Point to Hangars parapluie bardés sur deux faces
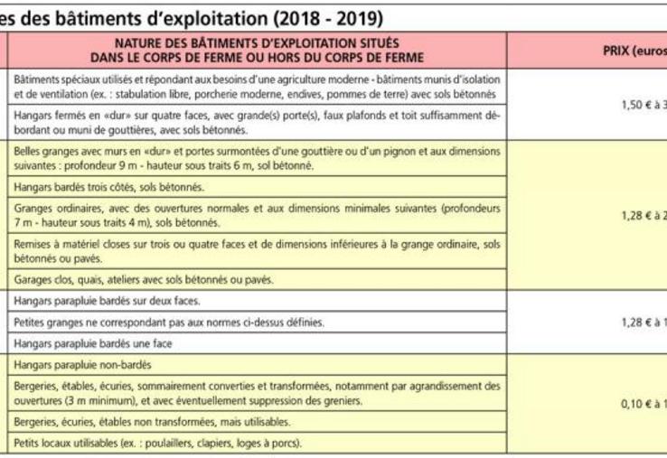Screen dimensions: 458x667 pos(108,301)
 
